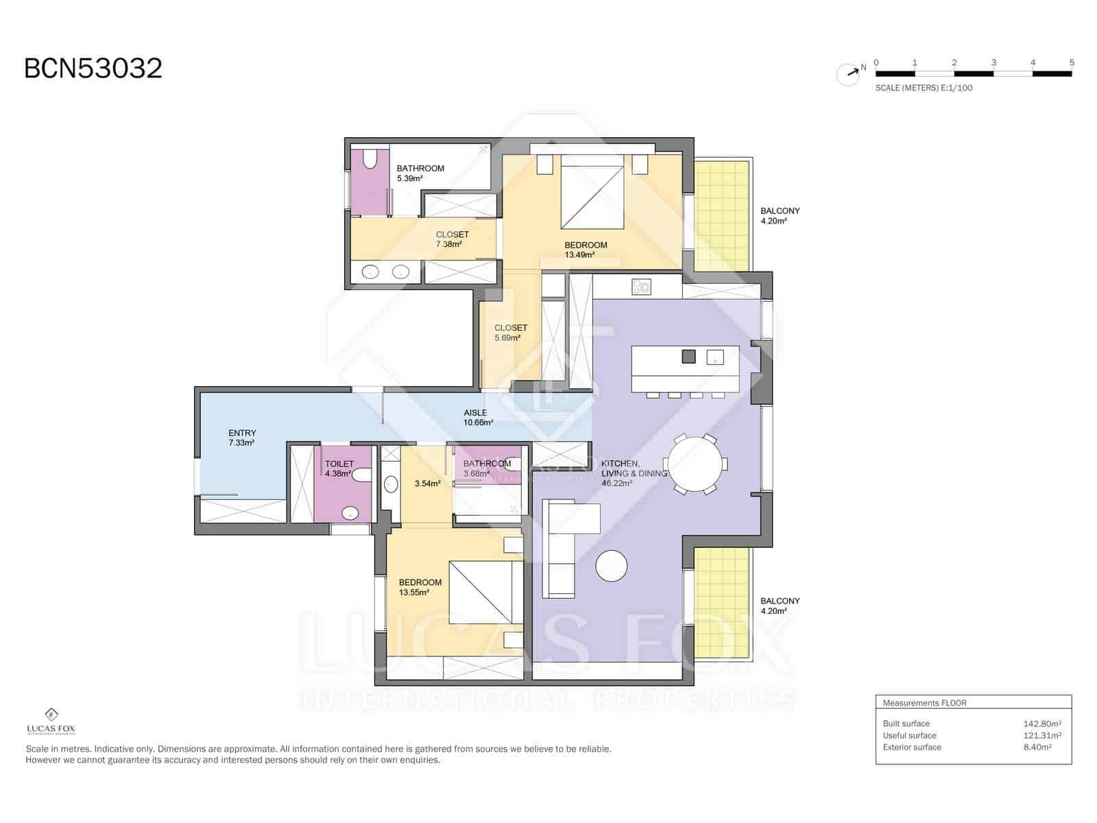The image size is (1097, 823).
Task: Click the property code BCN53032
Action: pos(93,69)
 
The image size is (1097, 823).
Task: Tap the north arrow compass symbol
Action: pos(849,73)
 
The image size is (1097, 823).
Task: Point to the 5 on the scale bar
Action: pos(1072,62)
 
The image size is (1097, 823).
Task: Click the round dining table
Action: pos(695,464)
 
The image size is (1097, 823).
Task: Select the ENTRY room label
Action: pos(242,438)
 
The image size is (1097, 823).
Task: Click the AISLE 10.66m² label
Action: pos(477,418)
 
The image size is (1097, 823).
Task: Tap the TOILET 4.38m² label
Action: pos(339,468)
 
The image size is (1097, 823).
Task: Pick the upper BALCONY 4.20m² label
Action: pos(780,216)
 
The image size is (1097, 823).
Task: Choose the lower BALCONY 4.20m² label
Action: pos(780,606)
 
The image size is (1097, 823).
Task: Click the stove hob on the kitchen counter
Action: pos(641,286)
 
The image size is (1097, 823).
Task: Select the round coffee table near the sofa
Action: pos(611,566)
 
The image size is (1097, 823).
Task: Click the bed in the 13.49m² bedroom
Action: pos(592,192)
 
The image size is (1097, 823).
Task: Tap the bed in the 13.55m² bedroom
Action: pos(480,592)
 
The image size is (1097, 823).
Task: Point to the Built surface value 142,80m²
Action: pos(1042,724)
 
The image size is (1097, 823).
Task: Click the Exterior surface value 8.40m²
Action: pos(1037,747)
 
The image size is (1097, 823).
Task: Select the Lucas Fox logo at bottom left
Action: pos(51,721)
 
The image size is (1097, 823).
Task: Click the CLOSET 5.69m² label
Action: pos(510,333)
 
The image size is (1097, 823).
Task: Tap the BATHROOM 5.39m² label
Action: pos(420,173)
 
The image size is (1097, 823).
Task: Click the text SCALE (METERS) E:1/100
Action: pos(924,88)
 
